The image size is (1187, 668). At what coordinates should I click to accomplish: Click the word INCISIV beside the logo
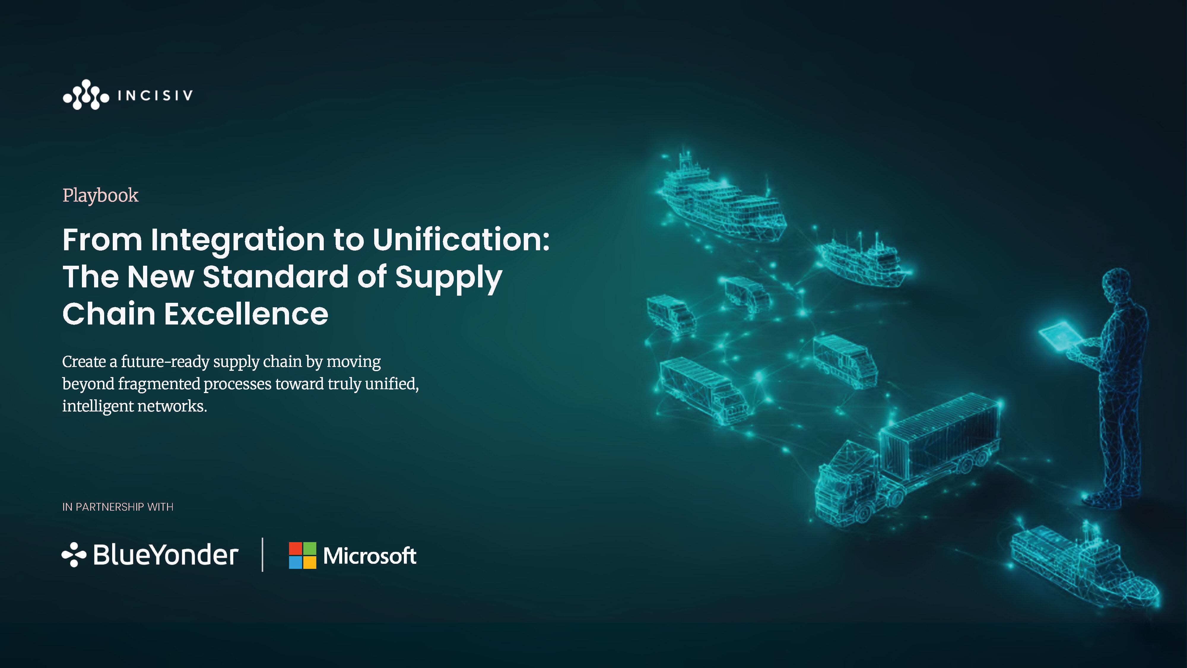click(x=155, y=95)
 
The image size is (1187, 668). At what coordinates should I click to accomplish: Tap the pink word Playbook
click(x=101, y=195)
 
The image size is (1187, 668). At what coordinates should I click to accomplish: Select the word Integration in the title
click(x=237, y=241)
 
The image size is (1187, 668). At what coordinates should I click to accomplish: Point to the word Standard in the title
click(x=275, y=277)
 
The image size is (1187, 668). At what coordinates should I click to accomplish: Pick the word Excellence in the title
click(x=246, y=314)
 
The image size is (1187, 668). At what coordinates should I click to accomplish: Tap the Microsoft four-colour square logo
click(x=303, y=555)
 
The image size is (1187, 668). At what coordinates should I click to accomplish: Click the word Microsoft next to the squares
click(x=369, y=555)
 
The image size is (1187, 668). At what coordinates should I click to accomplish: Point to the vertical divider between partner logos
click(x=263, y=555)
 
